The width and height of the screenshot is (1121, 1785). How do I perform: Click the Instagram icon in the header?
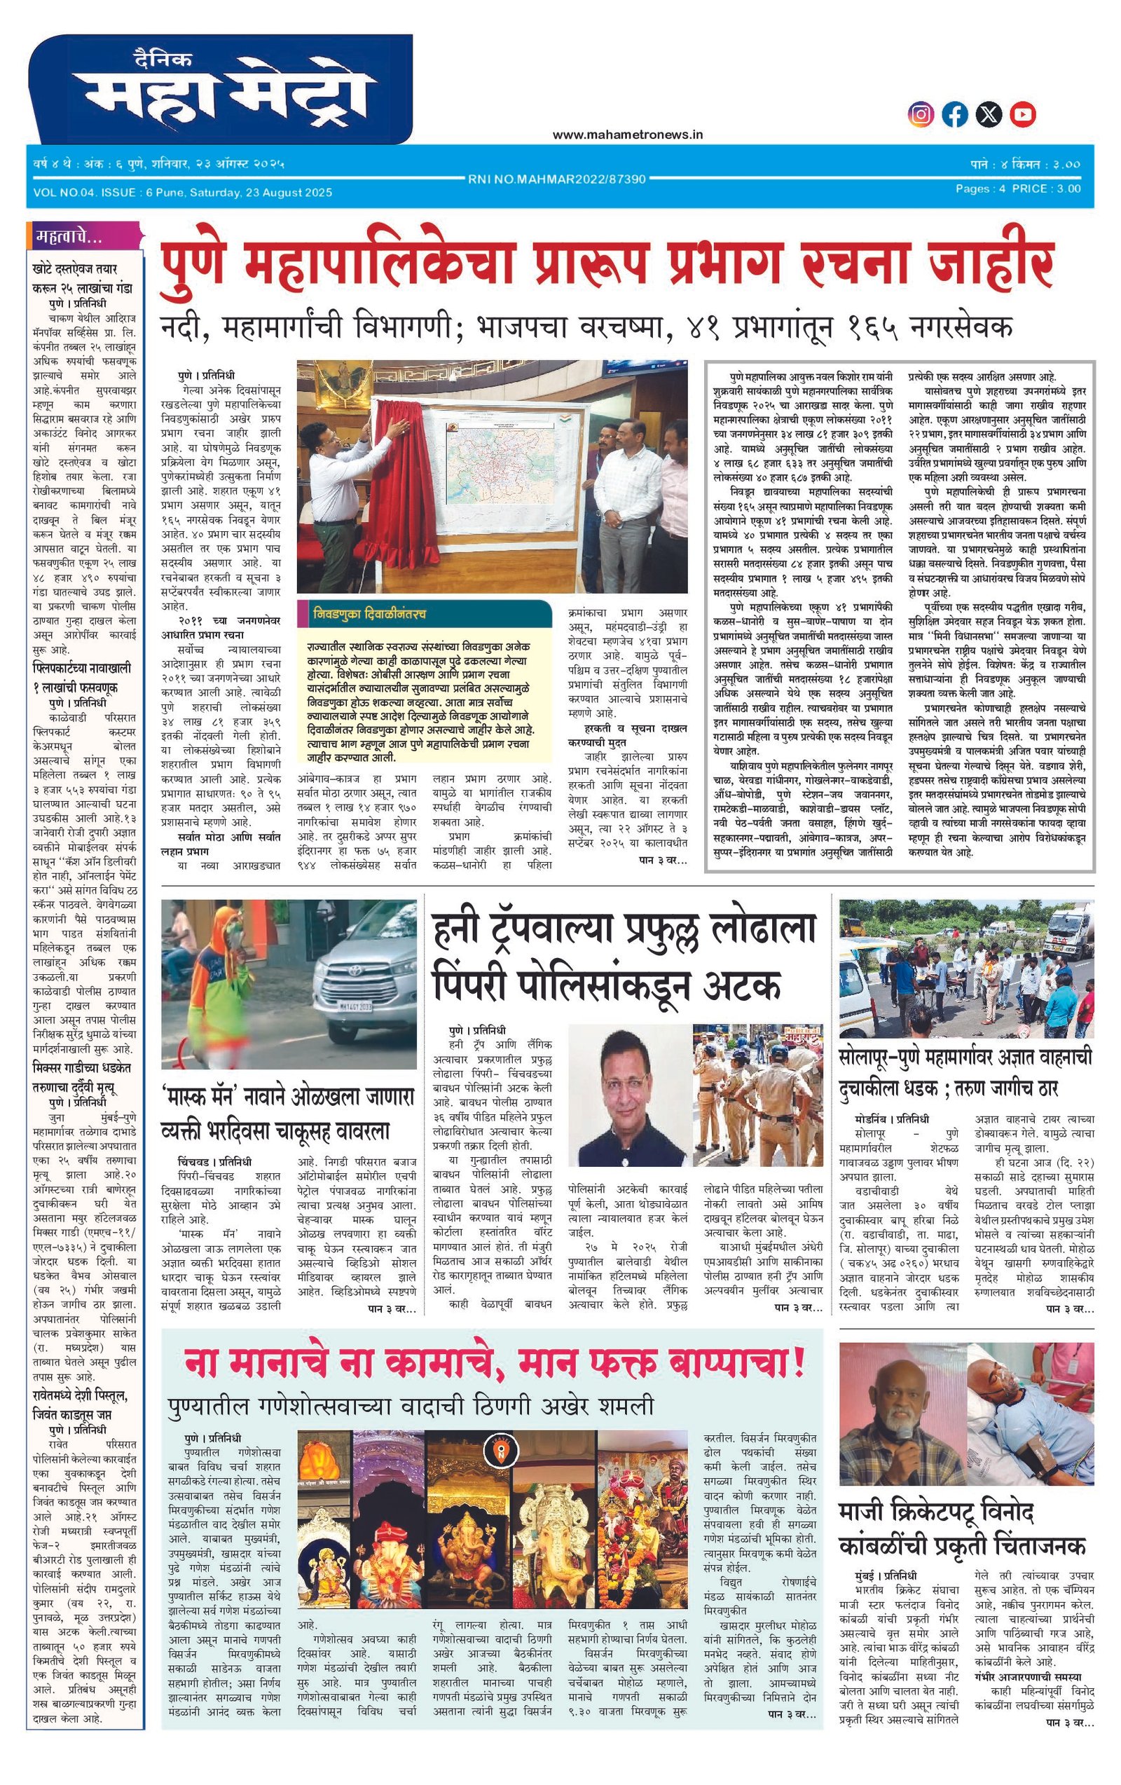click(921, 114)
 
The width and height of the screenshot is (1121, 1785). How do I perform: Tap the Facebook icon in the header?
click(955, 114)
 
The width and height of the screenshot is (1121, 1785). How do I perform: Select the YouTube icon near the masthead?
click(1023, 114)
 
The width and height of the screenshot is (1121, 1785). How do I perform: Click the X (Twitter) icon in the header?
click(989, 114)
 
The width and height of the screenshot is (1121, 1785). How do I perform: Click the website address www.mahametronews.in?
click(627, 134)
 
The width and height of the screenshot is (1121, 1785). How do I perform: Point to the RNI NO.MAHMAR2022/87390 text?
click(556, 179)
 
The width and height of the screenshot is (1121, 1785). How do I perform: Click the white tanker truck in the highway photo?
click(1068, 930)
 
